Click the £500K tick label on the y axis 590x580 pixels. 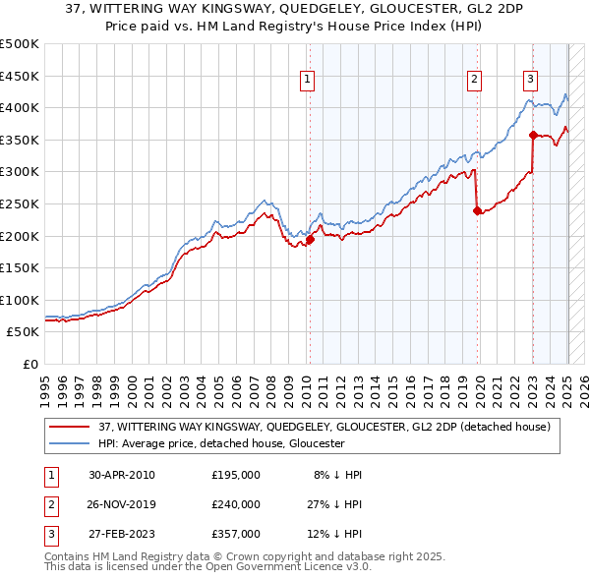point(20,44)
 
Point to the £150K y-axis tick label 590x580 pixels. point(20,267)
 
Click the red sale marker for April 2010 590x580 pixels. point(310,239)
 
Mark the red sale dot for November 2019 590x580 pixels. point(477,209)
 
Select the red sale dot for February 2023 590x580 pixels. point(533,135)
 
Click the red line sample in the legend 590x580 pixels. point(69,427)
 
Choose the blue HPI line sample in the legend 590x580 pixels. point(69,443)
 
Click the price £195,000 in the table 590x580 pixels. point(236,475)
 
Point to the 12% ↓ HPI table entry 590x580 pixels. point(336,534)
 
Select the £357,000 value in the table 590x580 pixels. point(236,534)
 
